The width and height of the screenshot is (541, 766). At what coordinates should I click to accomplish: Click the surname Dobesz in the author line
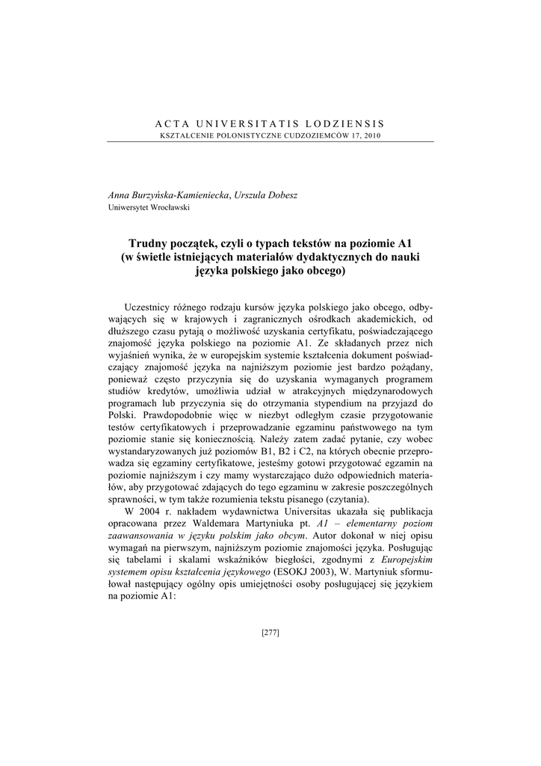coord(276,194)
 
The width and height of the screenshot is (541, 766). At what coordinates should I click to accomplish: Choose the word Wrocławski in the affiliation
coord(170,206)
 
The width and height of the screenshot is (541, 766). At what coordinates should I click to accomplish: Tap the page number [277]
coord(270,633)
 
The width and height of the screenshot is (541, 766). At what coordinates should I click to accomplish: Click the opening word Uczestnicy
coord(150,307)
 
